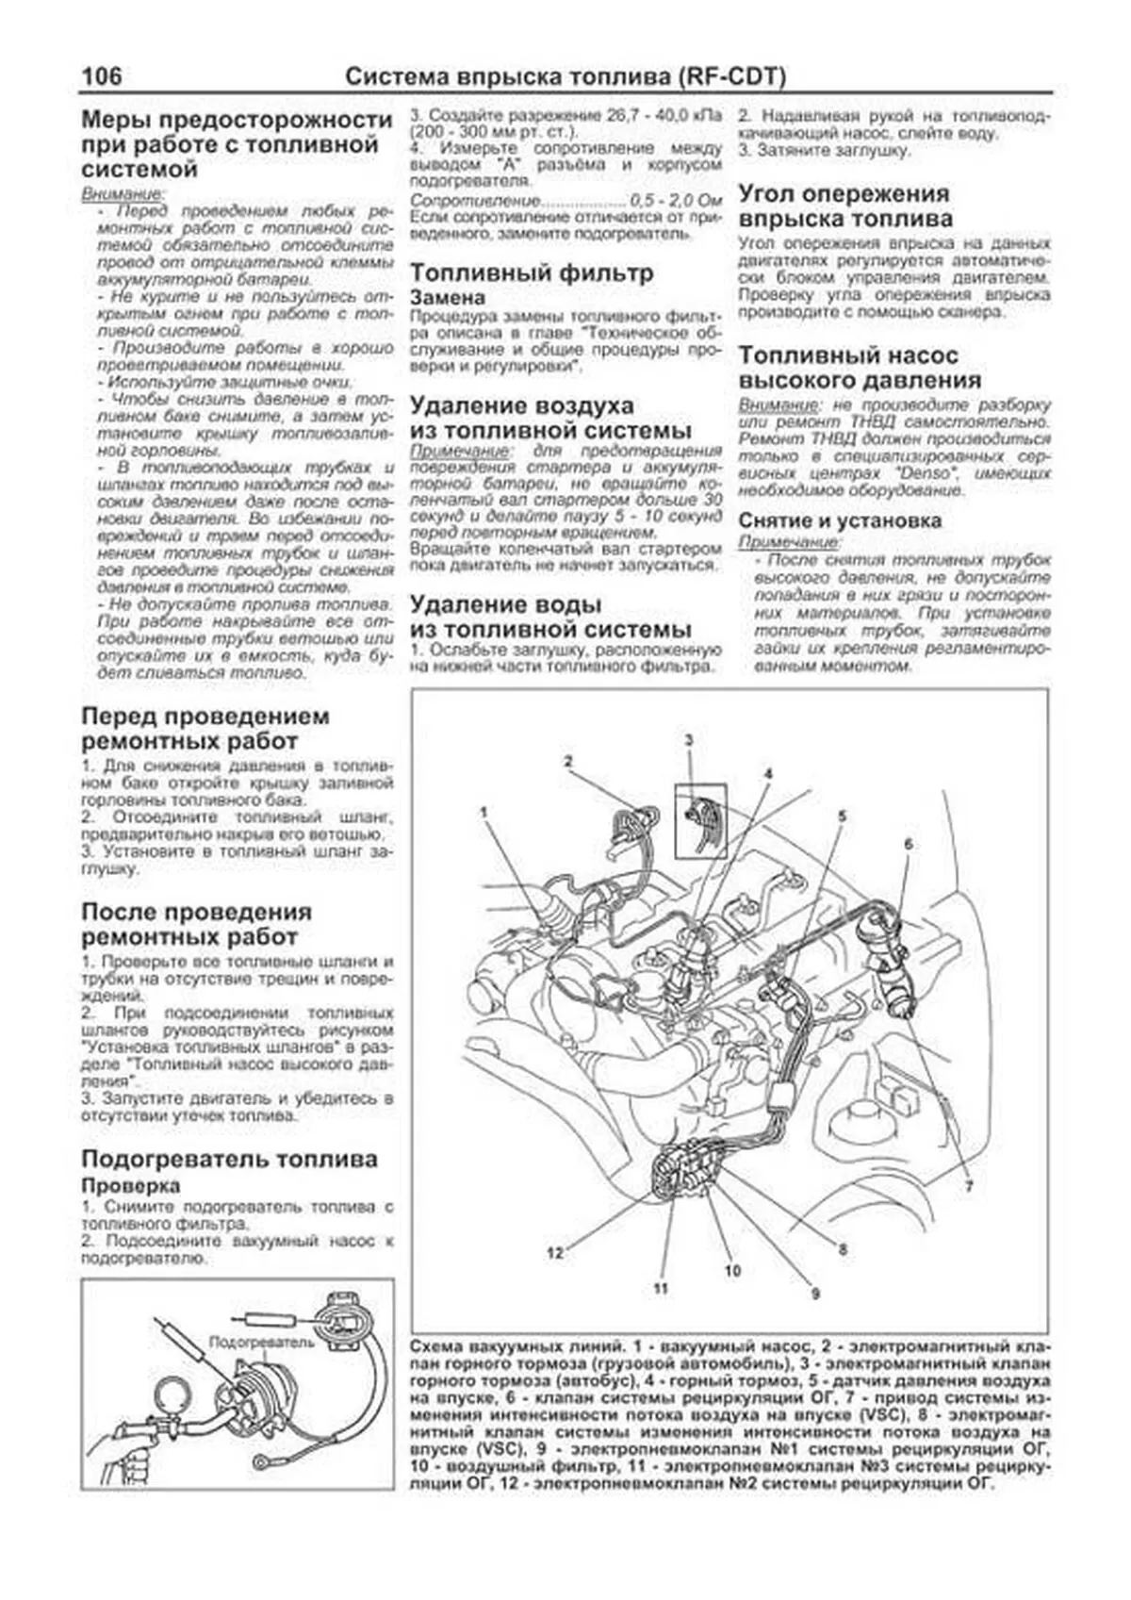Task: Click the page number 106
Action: click(102, 75)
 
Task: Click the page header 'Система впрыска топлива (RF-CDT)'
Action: click(565, 76)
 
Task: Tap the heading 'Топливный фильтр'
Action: click(531, 273)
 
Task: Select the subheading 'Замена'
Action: click(448, 297)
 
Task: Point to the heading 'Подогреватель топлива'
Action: click(229, 1159)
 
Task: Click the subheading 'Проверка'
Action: click(130, 1185)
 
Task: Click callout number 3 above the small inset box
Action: click(689, 739)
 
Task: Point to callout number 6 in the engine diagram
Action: click(908, 844)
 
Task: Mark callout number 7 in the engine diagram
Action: click(968, 1186)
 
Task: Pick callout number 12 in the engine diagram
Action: click(554, 1252)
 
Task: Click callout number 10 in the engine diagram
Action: click(732, 1270)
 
